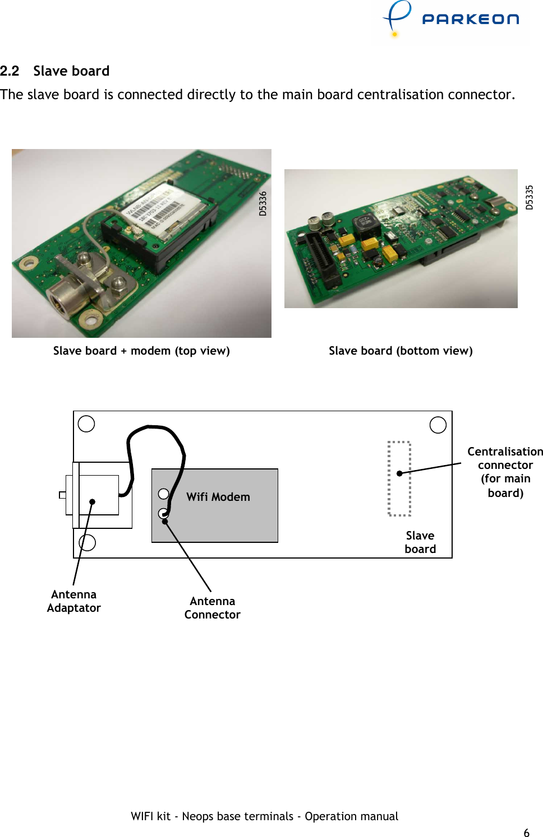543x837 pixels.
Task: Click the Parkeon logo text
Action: coord(470,19)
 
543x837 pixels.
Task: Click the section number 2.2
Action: coord(10,71)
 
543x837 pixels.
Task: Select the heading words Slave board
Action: coord(71,71)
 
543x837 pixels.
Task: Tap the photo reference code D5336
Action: coord(263,203)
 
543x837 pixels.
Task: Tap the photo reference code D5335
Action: coord(529,197)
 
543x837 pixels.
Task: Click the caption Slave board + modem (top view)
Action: coord(141,351)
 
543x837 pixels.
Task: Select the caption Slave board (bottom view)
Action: coord(401,351)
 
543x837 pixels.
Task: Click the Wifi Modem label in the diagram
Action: coord(218,497)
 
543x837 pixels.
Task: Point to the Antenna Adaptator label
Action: coord(73,601)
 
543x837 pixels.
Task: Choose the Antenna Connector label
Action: coord(212,608)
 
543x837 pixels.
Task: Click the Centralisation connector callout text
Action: coord(505,472)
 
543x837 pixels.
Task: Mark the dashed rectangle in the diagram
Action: coord(399,478)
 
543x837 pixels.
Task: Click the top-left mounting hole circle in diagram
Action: coord(86,424)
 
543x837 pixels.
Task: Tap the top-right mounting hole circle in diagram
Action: coord(438,425)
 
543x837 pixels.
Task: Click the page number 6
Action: coord(526,833)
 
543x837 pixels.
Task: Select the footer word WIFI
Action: coord(142,816)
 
